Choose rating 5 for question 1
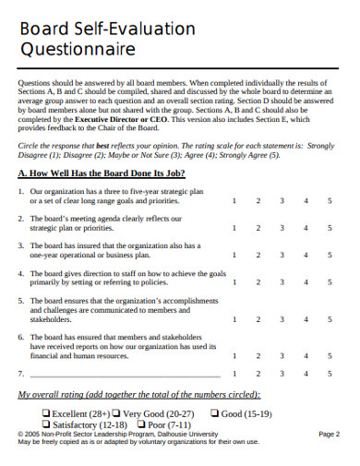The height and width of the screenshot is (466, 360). [330, 199]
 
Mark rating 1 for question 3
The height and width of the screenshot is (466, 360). [234, 255]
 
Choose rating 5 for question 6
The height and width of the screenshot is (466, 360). [330, 354]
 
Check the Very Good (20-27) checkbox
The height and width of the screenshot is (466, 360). [117, 413]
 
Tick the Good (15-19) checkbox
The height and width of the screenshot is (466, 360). [215, 413]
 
